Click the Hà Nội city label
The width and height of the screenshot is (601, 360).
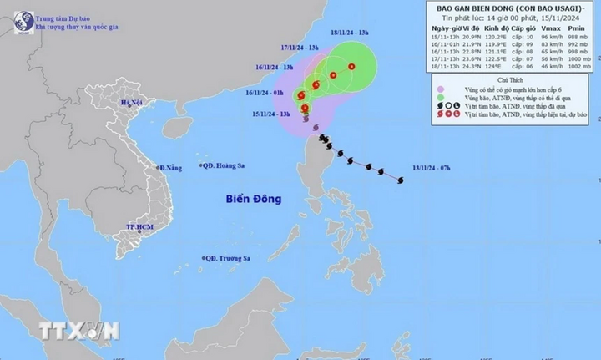(x=132, y=104)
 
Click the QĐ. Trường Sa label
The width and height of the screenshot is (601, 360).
(x=228, y=260)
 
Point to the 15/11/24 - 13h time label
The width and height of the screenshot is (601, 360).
(x=274, y=114)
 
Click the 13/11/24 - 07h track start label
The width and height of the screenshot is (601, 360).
(x=432, y=169)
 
